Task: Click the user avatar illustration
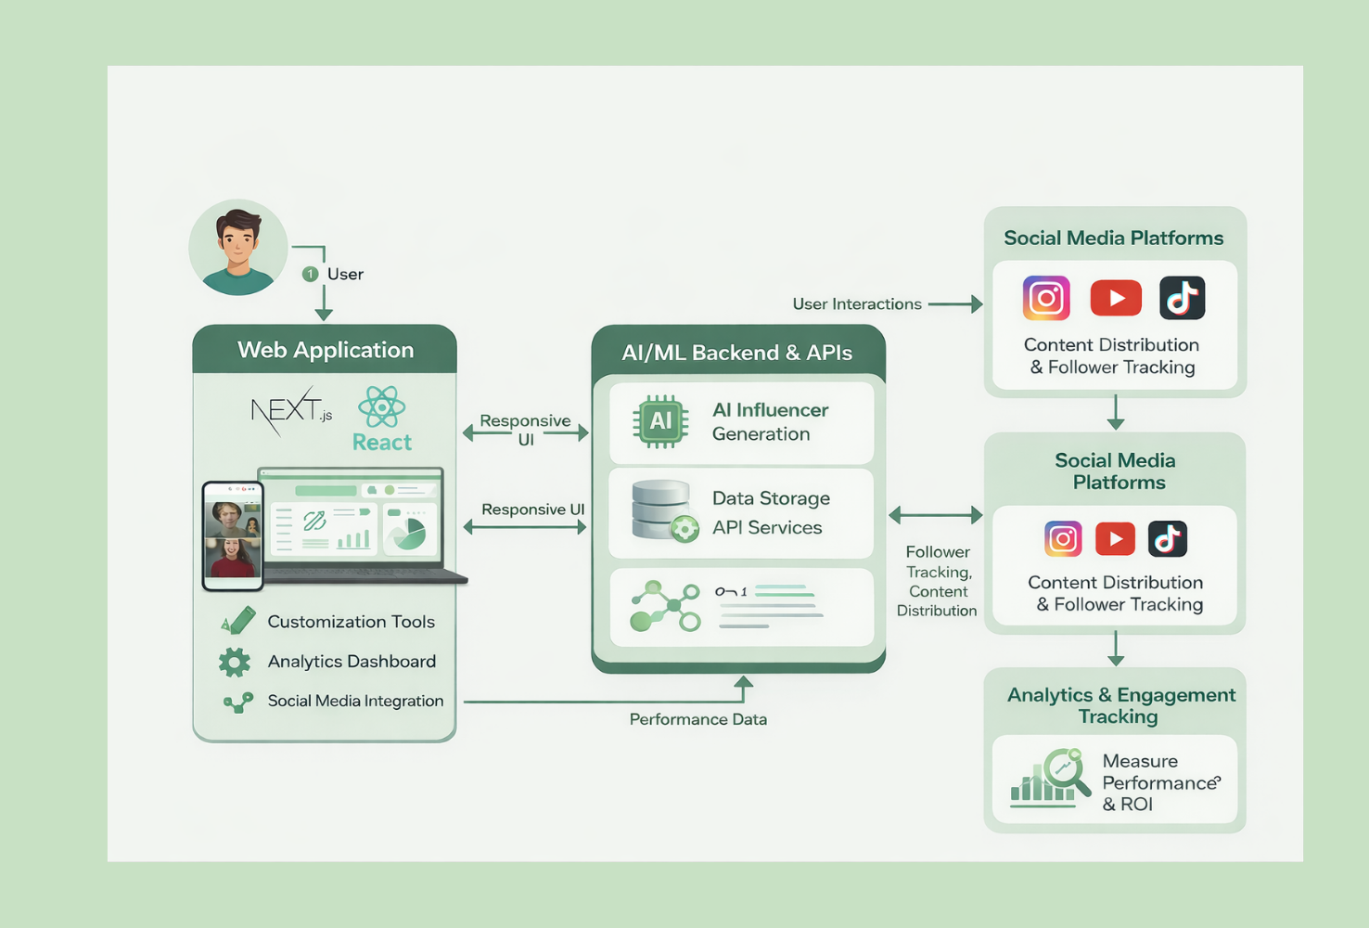click(238, 248)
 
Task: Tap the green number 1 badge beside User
click(311, 274)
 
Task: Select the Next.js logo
click(290, 409)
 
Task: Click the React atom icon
click(382, 406)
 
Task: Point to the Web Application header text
click(325, 350)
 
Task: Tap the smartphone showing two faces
click(233, 536)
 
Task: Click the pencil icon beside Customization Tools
click(238, 621)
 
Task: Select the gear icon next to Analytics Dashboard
click(235, 662)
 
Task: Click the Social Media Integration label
click(355, 701)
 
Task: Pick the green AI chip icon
click(660, 421)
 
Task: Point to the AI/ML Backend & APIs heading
click(736, 353)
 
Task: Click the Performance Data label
click(697, 719)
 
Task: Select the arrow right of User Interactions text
click(955, 303)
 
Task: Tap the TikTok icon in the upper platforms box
click(1182, 298)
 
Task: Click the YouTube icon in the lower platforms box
click(1115, 538)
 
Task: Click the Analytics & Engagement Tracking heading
click(1120, 705)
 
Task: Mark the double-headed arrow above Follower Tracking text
click(935, 514)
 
